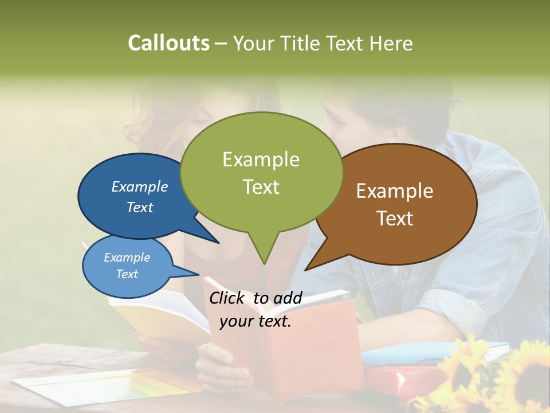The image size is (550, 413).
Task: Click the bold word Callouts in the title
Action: (168, 43)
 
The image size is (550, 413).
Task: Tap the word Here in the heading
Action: (390, 43)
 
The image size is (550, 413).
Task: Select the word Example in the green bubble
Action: (261, 159)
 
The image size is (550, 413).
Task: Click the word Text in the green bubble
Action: (261, 187)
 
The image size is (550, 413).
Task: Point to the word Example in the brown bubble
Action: (395, 191)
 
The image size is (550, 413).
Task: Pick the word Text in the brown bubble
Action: (395, 219)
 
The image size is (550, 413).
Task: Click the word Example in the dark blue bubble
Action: (139, 187)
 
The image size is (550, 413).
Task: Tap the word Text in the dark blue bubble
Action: (139, 207)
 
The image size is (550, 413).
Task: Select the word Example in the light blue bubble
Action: (127, 258)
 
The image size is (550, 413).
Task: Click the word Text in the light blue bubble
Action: (127, 274)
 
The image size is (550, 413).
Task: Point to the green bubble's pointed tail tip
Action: (264, 263)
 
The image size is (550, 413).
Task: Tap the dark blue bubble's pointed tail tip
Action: (218, 243)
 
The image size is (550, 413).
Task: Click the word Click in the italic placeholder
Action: (228, 298)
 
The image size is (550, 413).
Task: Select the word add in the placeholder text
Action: (288, 298)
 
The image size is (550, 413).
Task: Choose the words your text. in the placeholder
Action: (256, 321)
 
